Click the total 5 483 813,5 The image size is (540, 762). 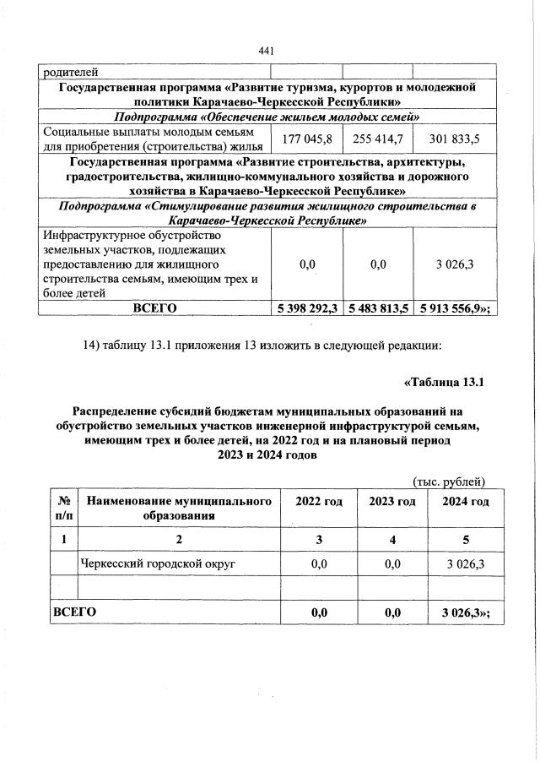click(x=377, y=308)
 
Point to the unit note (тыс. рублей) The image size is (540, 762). click(x=449, y=482)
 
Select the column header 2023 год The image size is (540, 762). click(x=392, y=502)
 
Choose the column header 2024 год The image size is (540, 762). click(x=466, y=502)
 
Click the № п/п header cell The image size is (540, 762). click(x=63, y=509)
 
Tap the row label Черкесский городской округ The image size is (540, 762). click(x=157, y=563)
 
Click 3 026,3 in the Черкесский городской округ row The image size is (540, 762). click(x=466, y=563)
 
